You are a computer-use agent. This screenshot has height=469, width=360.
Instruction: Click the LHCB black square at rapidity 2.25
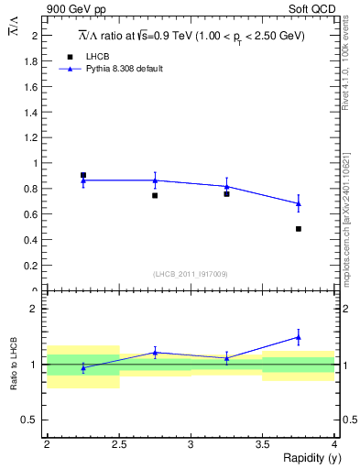[83, 175]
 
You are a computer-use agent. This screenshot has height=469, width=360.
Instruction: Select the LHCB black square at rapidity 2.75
[155, 195]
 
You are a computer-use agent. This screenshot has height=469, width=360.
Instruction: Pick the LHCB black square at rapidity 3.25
[226, 194]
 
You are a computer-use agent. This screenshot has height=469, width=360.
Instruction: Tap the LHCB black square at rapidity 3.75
[299, 228]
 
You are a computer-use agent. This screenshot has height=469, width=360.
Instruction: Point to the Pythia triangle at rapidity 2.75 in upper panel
[155, 180]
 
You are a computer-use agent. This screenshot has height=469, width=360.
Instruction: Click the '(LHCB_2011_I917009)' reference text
[190, 274]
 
